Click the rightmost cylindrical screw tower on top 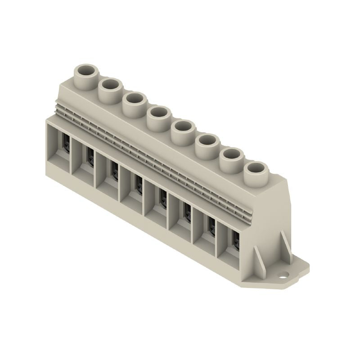[256, 168]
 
